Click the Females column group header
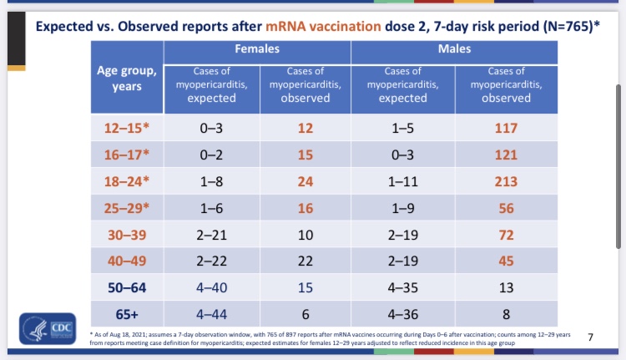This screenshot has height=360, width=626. click(257, 50)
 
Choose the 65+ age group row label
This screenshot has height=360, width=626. click(127, 314)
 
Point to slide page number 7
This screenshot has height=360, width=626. click(590, 337)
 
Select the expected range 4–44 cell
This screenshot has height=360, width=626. click(211, 314)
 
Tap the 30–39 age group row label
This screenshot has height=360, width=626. click(127, 235)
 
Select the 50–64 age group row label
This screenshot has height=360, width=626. click(127, 287)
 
